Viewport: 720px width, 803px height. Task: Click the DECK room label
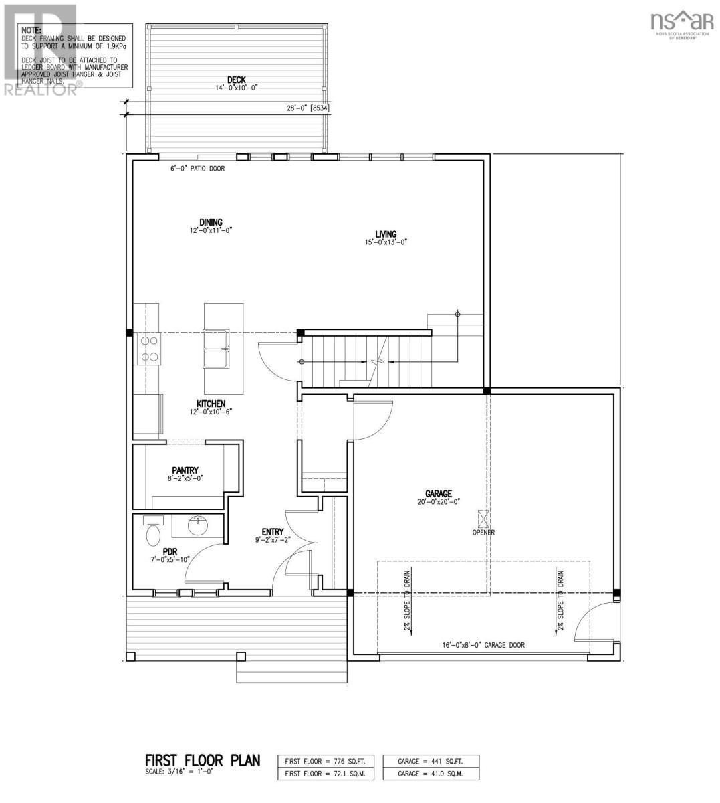pyautogui.click(x=236, y=80)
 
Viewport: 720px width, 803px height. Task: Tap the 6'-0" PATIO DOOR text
pyautogui.click(x=197, y=169)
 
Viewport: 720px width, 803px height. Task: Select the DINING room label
pyautogui.click(x=210, y=223)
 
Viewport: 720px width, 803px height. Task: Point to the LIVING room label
pyautogui.click(x=386, y=234)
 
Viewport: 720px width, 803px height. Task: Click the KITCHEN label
pyautogui.click(x=211, y=404)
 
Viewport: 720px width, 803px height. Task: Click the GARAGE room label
pyautogui.click(x=439, y=493)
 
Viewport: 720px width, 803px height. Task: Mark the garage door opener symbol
pyautogui.click(x=483, y=519)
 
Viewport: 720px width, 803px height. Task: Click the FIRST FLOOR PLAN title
pyautogui.click(x=203, y=761)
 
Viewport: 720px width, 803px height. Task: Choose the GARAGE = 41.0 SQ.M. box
pyautogui.click(x=431, y=774)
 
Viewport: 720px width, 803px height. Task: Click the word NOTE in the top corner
pyautogui.click(x=31, y=31)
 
